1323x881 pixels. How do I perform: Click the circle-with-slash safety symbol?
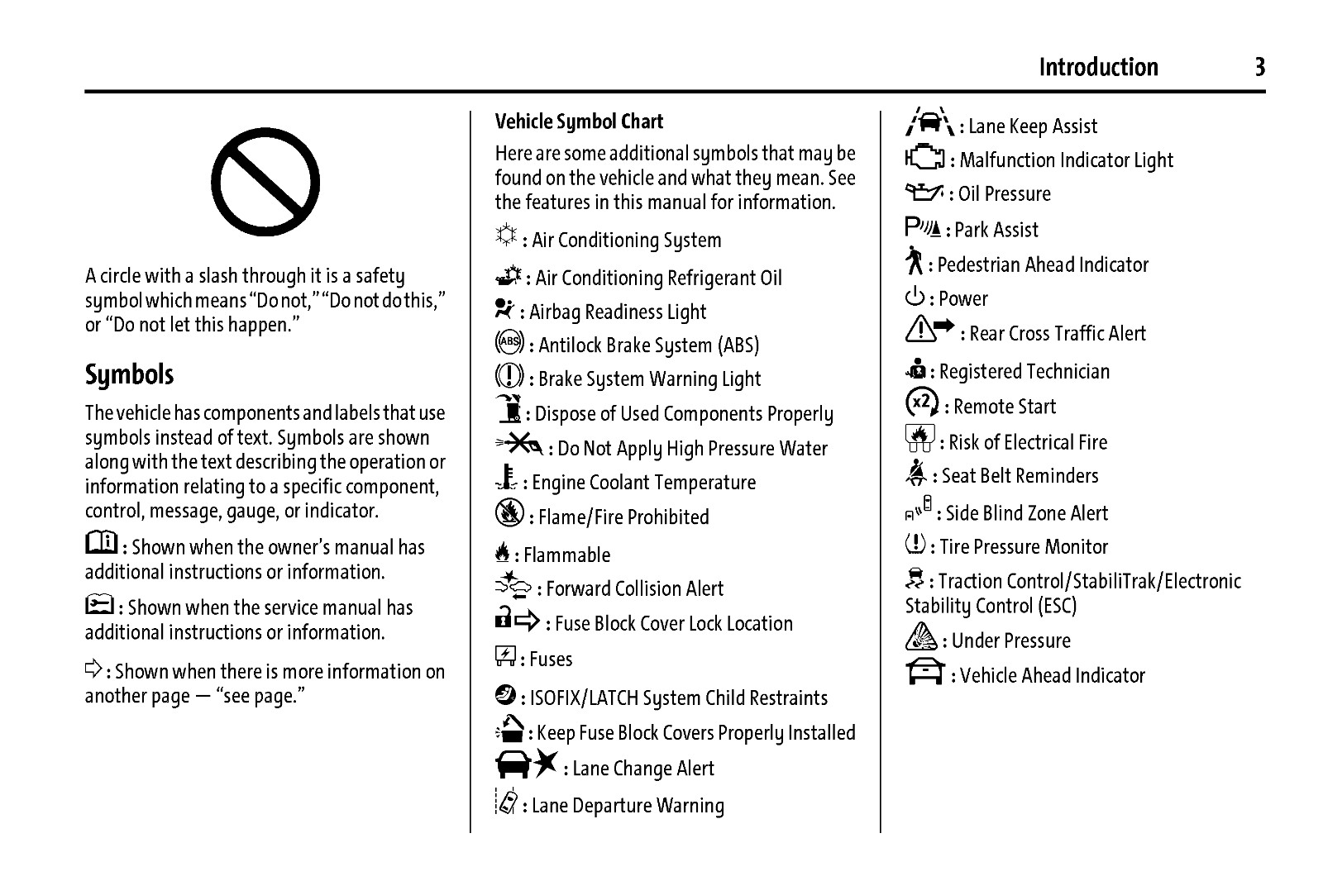click(265, 182)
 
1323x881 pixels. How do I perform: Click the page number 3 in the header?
click(1259, 67)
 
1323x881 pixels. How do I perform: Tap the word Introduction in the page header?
click(1098, 67)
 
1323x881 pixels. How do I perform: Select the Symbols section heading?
click(130, 374)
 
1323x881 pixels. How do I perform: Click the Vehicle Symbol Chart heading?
click(579, 121)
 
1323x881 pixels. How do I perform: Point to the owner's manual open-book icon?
click(102, 543)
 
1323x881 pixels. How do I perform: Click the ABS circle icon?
click(509, 341)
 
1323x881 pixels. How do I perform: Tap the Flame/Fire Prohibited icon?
click(509, 513)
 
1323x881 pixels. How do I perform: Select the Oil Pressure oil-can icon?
click(924, 193)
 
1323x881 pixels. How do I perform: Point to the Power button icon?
click(915, 297)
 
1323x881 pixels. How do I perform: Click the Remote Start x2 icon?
click(922, 402)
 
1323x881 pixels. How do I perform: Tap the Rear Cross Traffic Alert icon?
click(930, 331)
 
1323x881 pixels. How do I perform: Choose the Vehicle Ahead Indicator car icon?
click(925, 672)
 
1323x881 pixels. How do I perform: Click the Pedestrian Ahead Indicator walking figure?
click(915, 261)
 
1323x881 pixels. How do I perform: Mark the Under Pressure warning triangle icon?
click(921, 637)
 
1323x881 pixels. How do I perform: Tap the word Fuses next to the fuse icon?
click(551, 660)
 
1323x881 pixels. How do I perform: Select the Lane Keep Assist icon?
click(929, 122)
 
